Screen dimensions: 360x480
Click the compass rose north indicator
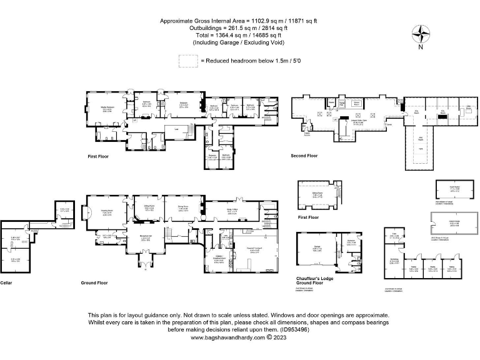(x=421, y=35)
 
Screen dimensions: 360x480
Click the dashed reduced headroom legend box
(x=187, y=61)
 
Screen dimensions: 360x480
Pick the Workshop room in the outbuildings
(x=394, y=261)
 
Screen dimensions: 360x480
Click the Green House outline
(x=445, y=222)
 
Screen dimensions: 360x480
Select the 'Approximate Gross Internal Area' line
(x=240, y=21)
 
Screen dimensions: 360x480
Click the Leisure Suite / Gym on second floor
(x=355, y=122)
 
